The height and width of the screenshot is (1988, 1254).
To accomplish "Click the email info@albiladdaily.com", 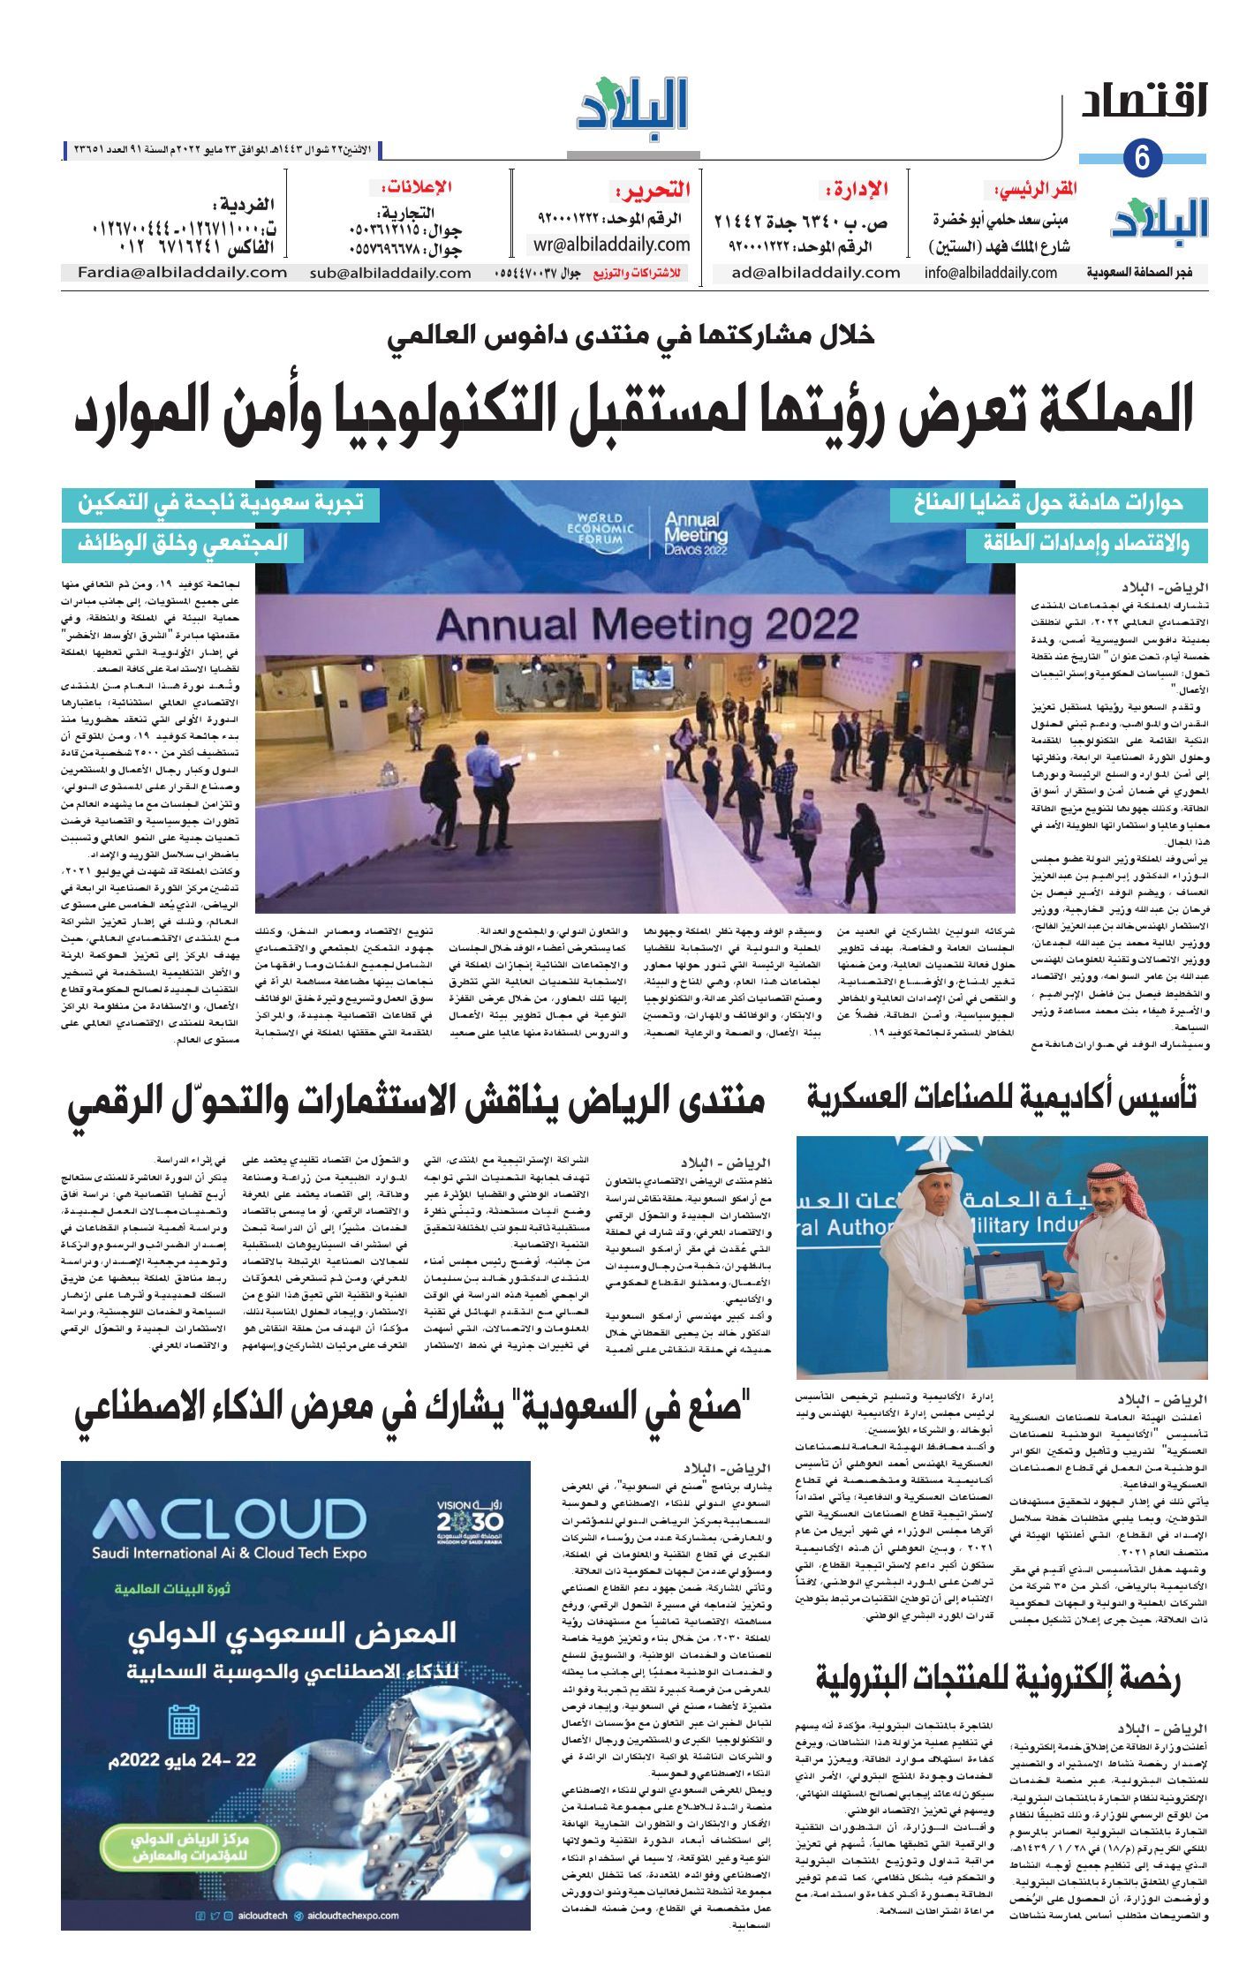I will [x=991, y=273].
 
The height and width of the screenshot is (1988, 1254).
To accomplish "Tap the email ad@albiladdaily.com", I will [x=815, y=273].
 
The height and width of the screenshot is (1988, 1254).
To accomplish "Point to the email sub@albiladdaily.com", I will [x=390, y=274].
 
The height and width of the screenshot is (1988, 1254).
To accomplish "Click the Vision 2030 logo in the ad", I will [x=469, y=1518].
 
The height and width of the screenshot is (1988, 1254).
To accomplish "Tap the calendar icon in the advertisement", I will [x=184, y=1721].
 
